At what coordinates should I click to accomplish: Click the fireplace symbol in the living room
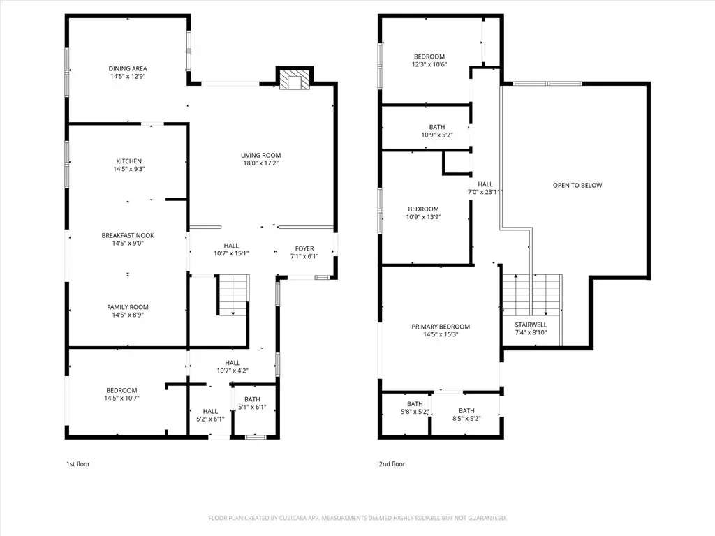pos(295,80)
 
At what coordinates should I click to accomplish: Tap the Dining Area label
pos(128,68)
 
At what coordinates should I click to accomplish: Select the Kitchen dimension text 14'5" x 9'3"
pos(129,169)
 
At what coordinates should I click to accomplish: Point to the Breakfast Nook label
pos(128,235)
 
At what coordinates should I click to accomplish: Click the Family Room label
pos(128,307)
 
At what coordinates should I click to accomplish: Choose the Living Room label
pos(261,155)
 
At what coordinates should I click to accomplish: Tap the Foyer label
pos(304,248)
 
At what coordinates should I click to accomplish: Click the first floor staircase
pos(233,295)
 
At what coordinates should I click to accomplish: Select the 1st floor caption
pos(78,464)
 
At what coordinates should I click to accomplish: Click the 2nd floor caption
pos(392,464)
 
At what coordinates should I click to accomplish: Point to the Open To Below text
pos(577,185)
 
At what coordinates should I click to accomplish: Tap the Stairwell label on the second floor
pos(531,325)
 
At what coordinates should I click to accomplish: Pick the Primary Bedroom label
pos(441,327)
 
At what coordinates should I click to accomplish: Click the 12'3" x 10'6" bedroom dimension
pos(429,64)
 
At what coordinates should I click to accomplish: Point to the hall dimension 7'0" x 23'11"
pos(485,192)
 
